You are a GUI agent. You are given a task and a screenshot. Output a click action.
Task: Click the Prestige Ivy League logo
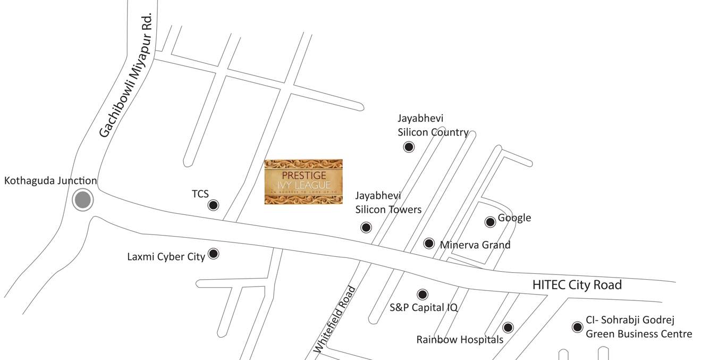303,182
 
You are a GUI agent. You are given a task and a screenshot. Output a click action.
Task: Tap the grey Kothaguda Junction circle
82,200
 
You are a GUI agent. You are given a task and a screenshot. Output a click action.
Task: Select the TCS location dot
213,205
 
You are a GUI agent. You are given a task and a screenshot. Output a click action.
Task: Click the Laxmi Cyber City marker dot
213,254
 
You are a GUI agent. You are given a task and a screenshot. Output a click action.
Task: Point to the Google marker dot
490,222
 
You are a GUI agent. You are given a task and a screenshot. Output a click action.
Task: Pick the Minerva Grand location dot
429,244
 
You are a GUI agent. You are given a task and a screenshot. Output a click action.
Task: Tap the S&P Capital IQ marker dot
422,294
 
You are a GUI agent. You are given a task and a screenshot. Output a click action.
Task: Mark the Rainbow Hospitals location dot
508,328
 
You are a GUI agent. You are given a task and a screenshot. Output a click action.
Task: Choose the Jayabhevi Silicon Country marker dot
409,147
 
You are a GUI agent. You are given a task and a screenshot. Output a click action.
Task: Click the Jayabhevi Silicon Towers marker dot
366,228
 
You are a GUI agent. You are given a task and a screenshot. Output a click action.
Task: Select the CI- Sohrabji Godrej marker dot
577,327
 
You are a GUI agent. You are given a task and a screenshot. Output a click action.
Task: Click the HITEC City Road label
577,285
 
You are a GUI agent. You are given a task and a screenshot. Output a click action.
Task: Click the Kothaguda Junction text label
50,181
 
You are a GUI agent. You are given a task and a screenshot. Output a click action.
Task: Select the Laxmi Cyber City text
166,257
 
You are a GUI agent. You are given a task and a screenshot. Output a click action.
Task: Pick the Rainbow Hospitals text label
460,339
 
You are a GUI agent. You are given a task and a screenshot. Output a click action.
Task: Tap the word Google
514,218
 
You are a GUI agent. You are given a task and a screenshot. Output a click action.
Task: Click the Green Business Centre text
639,334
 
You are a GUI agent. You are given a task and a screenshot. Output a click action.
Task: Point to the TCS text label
200,194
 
